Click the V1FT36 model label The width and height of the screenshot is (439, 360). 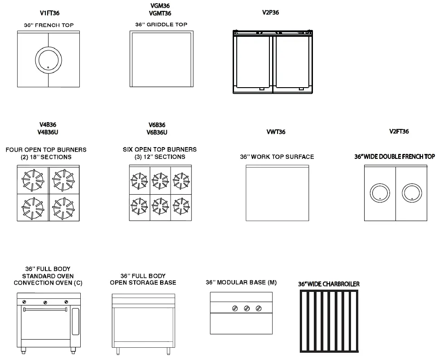coord(49,13)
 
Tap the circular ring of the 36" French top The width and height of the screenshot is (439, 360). coord(49,59)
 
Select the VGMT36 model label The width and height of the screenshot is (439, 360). coord(160,13)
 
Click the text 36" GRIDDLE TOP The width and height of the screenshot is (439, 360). coord(161,25)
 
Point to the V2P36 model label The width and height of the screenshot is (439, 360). coord(270,13)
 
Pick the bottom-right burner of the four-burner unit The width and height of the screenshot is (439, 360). coord(63,207)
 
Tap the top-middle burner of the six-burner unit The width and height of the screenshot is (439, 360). coord(160,180)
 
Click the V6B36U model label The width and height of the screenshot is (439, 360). coord(157,132)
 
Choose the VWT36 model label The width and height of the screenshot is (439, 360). coord(276,132)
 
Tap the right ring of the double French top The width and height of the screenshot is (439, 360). coord(411,193)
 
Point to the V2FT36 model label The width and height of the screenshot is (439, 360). coord(399,132)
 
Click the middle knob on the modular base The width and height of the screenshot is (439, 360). coord(247,309)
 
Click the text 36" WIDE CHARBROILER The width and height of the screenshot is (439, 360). coord(328,284)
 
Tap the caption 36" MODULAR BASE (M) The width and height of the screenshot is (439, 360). coord(241,282)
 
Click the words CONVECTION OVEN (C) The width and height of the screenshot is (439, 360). coord(48,283)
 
